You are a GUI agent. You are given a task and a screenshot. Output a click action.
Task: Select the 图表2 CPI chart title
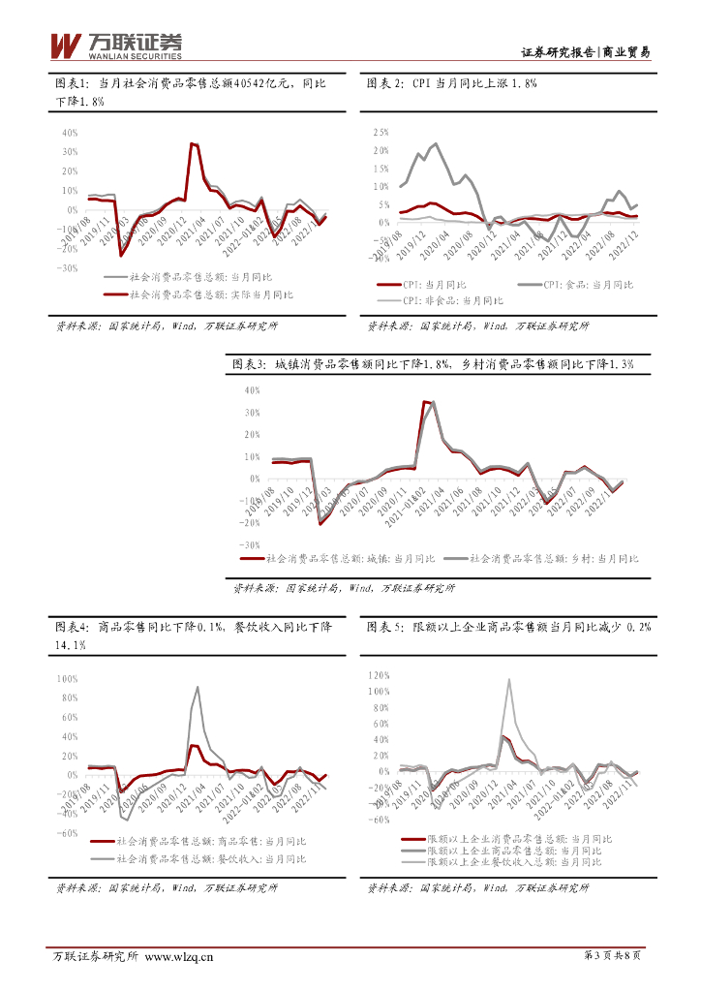pos(452,84)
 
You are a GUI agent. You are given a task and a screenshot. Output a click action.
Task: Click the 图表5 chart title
pos(508,628)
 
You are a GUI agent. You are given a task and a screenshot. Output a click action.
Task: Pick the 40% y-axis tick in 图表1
pos(70,133)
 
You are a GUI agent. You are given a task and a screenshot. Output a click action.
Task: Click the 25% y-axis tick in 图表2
pos(380,132)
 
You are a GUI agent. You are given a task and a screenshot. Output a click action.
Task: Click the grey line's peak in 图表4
pos(198,687)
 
